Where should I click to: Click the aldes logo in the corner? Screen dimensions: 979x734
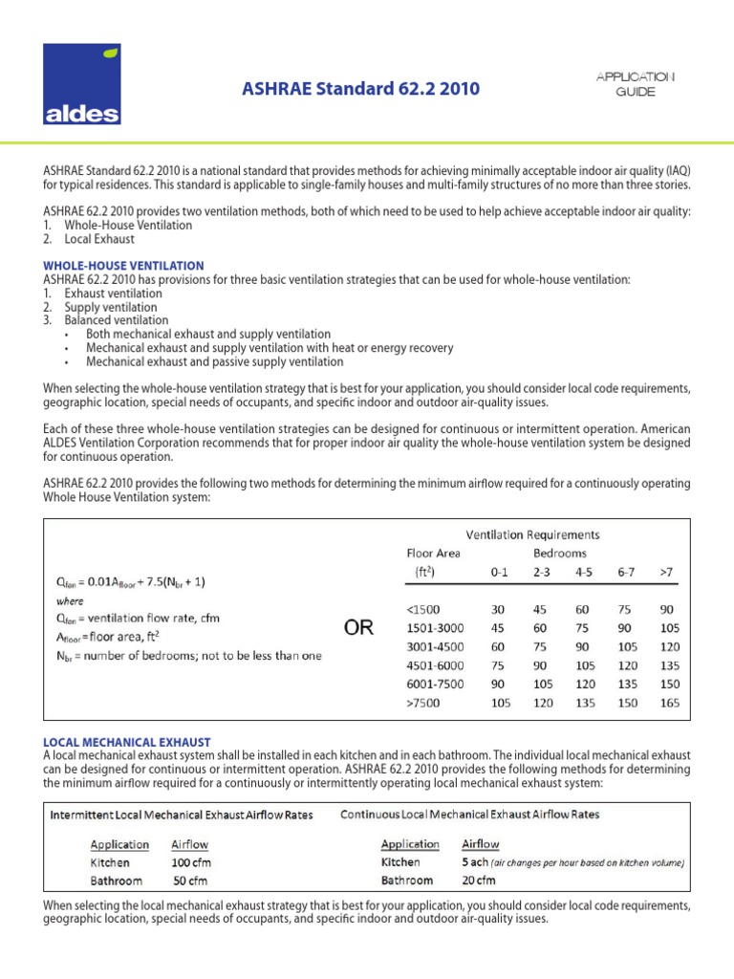[81, 85]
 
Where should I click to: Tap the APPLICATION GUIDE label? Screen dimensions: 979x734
[635, 84]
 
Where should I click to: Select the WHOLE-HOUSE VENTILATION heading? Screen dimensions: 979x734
[123, 266]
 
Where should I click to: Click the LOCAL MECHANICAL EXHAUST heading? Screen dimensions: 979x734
[127, 742]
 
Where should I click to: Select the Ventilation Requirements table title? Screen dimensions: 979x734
[532, 534]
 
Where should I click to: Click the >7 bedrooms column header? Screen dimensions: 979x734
[665, 572]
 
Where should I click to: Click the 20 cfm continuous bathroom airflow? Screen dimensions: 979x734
[485, 881]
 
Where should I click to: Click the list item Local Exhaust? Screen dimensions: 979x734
[99, 239]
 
